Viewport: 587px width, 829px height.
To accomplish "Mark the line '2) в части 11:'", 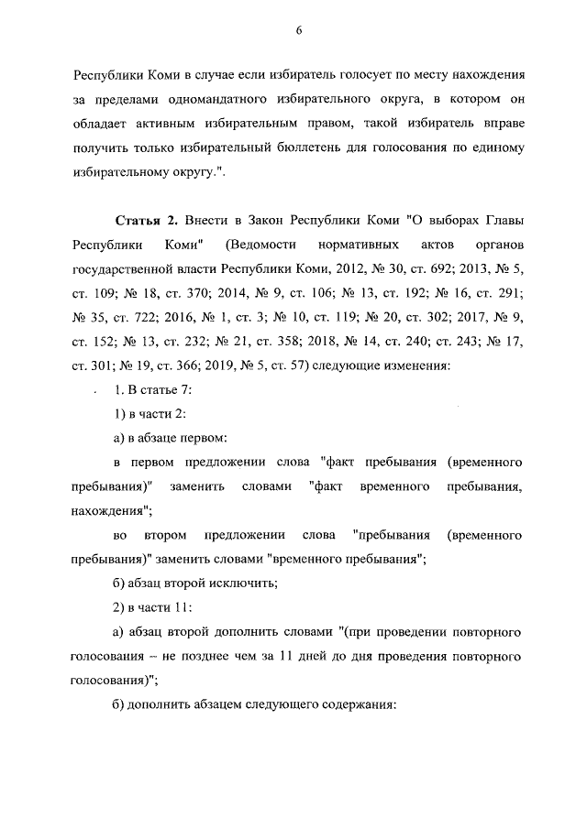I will point(152,607).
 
